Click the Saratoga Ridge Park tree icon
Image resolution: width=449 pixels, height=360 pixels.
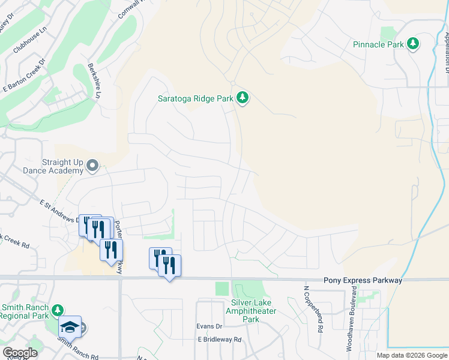point(242,97)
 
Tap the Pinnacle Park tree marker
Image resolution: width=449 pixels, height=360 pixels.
point(412,44)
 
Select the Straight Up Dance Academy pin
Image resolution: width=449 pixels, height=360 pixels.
point(92,165)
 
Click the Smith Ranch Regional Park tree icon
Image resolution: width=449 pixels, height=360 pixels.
point(57,310)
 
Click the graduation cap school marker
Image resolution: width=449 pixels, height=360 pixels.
point(70,327)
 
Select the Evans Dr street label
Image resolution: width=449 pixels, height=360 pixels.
point(209,326)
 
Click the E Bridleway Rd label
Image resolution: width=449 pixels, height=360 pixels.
point(219,340)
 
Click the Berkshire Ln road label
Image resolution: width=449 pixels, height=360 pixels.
point(94,81)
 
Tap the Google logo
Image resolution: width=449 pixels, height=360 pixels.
point(19,353)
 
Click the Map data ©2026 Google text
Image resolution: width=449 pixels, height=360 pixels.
point(411,355)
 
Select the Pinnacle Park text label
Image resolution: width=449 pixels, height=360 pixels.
point(378,44)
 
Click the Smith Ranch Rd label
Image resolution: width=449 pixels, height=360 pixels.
point(78,350)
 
